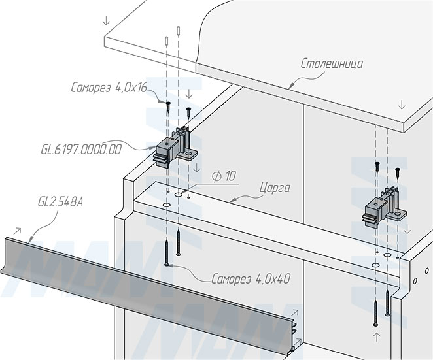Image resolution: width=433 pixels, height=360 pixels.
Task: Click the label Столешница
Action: point(332,64)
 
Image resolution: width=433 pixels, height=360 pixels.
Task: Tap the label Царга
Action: point(275,188)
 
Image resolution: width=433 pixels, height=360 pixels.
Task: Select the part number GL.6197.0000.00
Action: point(81,150)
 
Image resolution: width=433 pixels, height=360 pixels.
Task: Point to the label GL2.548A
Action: point(60,202)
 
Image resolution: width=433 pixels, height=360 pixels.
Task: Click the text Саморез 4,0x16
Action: point(109,88)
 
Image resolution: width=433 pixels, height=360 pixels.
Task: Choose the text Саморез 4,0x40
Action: point(251,279)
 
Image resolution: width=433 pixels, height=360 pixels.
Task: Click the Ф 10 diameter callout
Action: point(224,176)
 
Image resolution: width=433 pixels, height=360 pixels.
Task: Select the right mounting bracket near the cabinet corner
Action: point(384,208)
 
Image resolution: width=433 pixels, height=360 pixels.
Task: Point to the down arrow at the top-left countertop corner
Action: point(107,20)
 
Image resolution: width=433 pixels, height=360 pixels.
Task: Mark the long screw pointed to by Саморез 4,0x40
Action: point(167,253)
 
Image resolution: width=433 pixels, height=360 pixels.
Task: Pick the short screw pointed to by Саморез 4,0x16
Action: point(168,106)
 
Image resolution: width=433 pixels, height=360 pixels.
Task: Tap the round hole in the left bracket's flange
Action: point(188,154)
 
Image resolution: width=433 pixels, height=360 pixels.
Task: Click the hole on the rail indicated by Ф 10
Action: point(179,195)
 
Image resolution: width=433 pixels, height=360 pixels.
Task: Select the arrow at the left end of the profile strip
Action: point(18,231)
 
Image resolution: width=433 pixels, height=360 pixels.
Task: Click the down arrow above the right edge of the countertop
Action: point(402,105)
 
